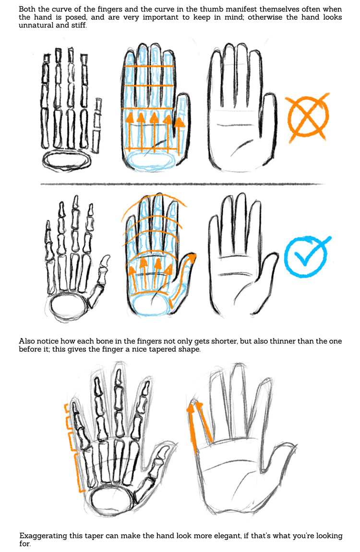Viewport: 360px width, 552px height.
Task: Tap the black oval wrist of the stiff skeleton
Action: (66, 160)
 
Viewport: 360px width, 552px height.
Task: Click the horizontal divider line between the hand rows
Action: (182, 184)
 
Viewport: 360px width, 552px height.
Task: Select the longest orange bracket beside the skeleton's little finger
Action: (80, 472)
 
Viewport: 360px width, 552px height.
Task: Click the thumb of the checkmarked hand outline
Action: (267, 278)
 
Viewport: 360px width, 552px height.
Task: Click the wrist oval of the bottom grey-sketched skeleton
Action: (112, 500)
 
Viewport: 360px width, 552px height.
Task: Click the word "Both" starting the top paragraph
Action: (27, 9)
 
